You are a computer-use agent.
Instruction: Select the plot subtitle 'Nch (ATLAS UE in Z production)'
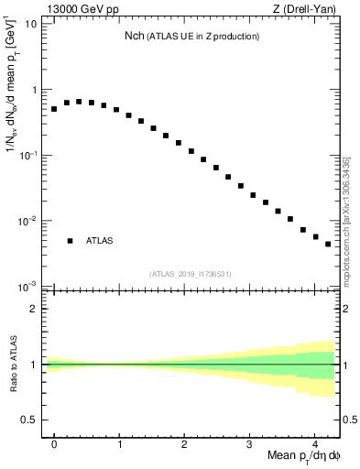coord(192,36)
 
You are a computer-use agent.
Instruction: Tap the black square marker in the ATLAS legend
coord(70,241)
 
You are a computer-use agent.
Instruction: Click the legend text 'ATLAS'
coord(100,241)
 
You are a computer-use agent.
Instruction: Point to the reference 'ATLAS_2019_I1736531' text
coord(191,274)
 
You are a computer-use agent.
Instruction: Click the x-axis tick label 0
coord(54,442)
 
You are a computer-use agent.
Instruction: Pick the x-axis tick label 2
coord(184,442)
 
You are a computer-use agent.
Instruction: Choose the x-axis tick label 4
coord(314,442)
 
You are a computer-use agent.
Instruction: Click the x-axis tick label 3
coord(249,442)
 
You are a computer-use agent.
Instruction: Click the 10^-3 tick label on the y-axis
coord(27,287)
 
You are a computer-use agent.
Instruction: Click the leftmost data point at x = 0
coord(54,109)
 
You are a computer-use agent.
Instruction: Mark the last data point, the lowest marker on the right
coord(328,245)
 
